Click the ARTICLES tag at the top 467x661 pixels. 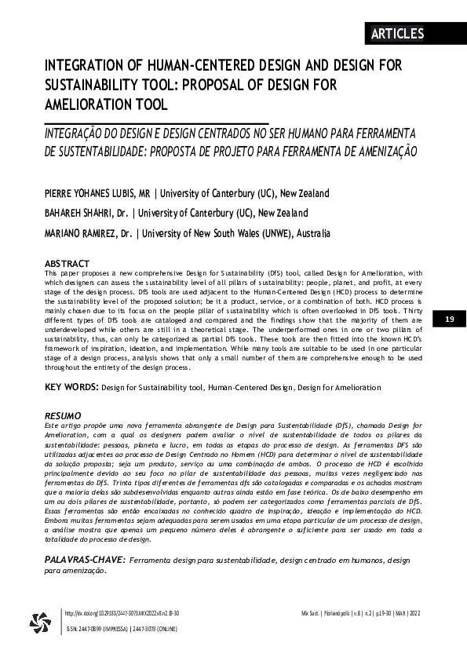click(397, 33)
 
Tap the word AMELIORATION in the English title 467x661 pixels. click(88, 105)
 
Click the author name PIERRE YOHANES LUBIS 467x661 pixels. click(91, 193)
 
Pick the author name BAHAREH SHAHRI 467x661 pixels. click(77, 213)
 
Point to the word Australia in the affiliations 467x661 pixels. click(312, 233)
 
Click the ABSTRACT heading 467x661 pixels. click(67, 264)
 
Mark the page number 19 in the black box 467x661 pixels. click(450, 319)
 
